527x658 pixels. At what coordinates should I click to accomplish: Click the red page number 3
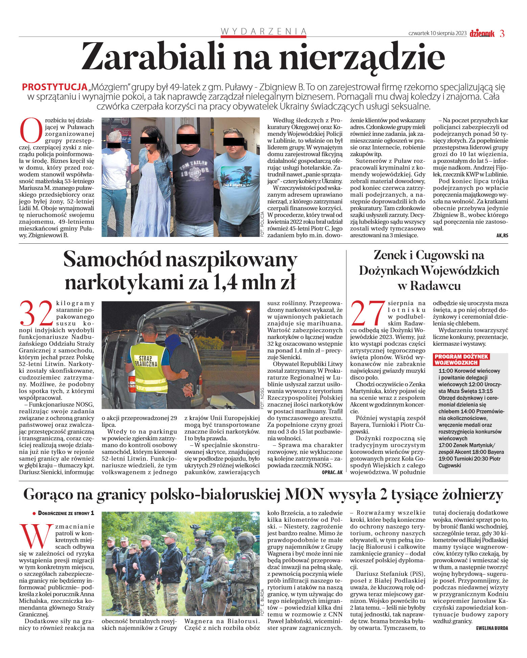[502, 33]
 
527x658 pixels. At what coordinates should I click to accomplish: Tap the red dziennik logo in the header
[482, 33]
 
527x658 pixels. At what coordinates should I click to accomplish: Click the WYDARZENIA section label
[263, 31]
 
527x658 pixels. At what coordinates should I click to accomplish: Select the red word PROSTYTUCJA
[54, 87]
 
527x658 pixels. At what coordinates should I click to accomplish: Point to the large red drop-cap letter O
[31, 130]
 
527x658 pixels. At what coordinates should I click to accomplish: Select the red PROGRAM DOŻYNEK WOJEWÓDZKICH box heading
[461, 360]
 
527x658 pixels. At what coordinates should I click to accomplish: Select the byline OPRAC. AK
[332, 472]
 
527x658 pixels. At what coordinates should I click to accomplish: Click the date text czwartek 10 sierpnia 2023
[437, 33]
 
